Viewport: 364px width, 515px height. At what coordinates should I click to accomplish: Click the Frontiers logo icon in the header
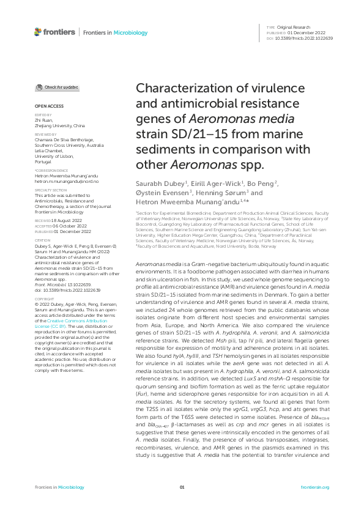tap(38, 31)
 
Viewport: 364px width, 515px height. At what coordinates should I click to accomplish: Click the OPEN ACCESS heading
tap(45, 106)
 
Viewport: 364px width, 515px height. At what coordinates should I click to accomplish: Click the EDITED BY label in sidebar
tap(42, 115)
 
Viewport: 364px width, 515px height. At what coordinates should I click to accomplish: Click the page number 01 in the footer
tap(182, 487)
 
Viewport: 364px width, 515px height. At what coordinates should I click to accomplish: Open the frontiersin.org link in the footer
tap(316, 487)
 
